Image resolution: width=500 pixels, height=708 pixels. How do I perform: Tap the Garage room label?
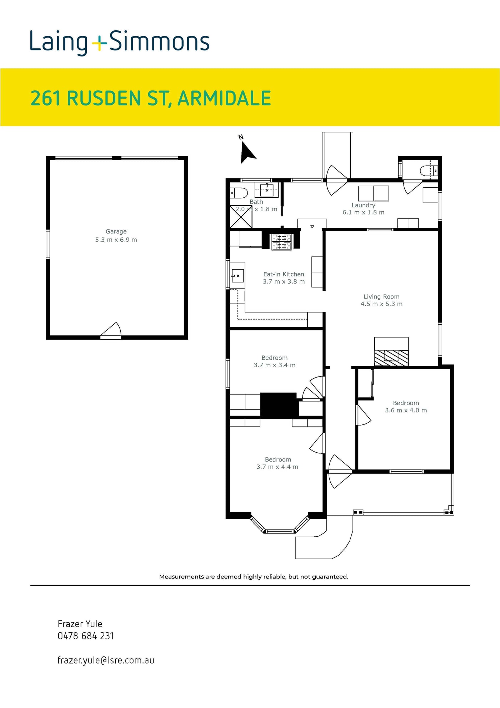click(116, 231)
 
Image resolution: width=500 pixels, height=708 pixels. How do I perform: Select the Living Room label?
click(381, 296)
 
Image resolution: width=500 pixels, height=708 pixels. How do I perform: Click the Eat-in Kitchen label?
click(284, 274)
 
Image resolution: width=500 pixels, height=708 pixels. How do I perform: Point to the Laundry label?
click(363, 205)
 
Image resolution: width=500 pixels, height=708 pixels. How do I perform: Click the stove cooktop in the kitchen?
click(282, 242)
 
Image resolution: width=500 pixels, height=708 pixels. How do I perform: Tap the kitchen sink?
click(237, 276)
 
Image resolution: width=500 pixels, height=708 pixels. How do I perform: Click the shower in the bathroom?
click(241, 217)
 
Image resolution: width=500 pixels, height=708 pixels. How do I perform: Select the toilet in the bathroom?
click(239, 193)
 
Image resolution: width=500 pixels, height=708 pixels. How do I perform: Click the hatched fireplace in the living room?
click(391, 357)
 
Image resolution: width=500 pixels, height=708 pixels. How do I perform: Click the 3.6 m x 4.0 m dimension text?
click(406, 410)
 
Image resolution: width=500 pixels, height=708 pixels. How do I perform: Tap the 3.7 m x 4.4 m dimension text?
click(277, 467)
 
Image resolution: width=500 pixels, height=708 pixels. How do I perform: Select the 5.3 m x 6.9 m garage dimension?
click(116, 240)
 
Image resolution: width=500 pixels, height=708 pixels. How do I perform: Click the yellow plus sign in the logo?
click(99, 44)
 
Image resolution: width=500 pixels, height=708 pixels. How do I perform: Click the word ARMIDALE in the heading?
click(224, 98)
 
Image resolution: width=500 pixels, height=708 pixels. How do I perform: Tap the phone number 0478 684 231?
click(86, 636)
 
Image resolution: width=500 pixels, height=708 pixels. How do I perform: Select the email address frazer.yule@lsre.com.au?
click(106, 660)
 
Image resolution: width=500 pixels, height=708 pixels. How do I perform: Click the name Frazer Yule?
click(80, 624)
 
